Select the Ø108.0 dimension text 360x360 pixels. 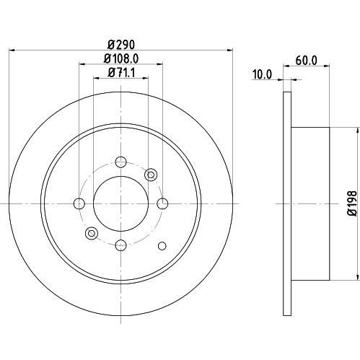(120, 58)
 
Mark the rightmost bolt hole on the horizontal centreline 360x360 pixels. (162, 203)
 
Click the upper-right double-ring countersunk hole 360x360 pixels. (151, 174)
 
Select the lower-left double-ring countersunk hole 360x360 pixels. (91, 232)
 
